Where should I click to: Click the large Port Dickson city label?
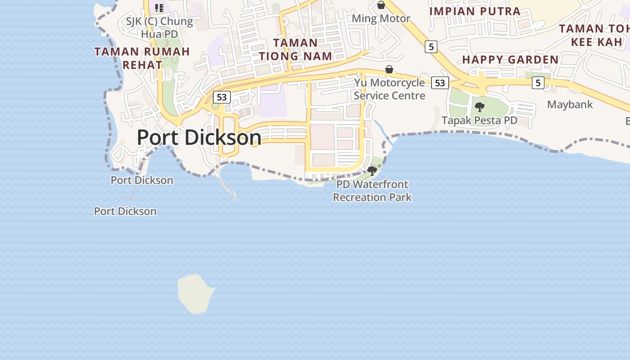[x=198, y=137]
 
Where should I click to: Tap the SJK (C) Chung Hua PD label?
[x=159, y=27]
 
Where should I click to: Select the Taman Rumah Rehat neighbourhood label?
[x=142, y=58]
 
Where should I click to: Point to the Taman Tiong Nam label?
[x=295, y=49]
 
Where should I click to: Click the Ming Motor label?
[x=381, y=18]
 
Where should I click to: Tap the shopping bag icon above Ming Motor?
[x=381, y=5]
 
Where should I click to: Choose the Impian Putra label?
[x=475, y=11]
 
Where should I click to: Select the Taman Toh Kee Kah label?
[x=594, y=35]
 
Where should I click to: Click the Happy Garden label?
[x=510, y=59]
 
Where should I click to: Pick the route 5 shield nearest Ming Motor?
[x=431, y=46]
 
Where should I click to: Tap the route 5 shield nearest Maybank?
[x=538, y=83]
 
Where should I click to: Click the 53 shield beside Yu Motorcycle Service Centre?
[x=440, y=83]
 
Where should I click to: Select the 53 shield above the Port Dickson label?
[x=221, y=97]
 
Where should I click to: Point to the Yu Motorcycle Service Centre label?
[x=389, y=89]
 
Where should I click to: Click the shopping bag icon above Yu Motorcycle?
[x=389, y=70]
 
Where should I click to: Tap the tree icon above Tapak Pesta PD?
[x=480, y=107]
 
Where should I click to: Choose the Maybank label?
[x=570, y=104]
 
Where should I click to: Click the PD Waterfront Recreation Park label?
[x=372, y=191]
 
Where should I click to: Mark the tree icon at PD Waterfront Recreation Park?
[x=372, y=171]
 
